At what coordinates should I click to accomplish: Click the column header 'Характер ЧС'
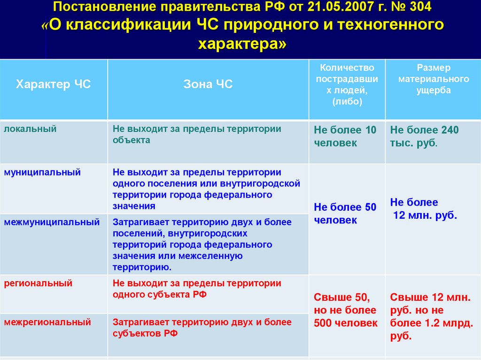pos(53,84)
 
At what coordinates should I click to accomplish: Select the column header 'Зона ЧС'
pos(208,84)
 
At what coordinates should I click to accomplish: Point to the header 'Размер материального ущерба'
pos(433,79)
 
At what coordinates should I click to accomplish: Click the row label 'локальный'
pos(30,129)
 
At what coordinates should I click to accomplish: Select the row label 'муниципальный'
pos(42,172)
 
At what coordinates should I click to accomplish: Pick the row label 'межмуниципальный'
pos(52,222)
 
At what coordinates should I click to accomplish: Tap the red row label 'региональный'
pos(38,283)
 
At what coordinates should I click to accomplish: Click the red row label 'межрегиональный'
pos(47,322)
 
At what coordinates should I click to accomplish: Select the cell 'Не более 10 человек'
pos(345,137)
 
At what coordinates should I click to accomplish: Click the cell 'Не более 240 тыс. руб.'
pos(425,137)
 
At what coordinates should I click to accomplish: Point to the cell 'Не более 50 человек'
pos(345,214)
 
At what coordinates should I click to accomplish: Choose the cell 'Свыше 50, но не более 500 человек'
pos(345,310)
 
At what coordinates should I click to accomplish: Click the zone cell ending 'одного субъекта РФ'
pos(197,289)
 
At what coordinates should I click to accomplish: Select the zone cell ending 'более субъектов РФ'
pos(202,328)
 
